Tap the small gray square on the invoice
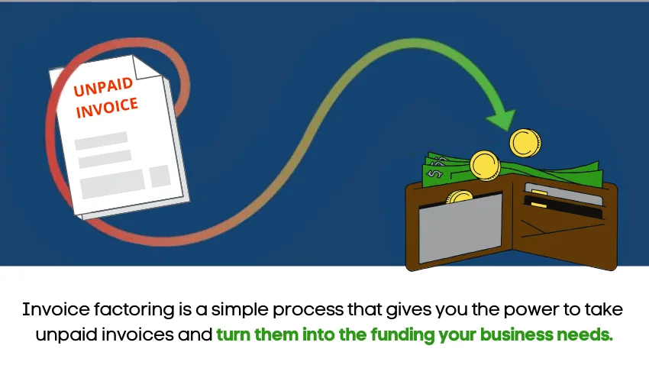[x=160, y=176]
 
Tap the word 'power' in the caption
[x=484, y=310]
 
